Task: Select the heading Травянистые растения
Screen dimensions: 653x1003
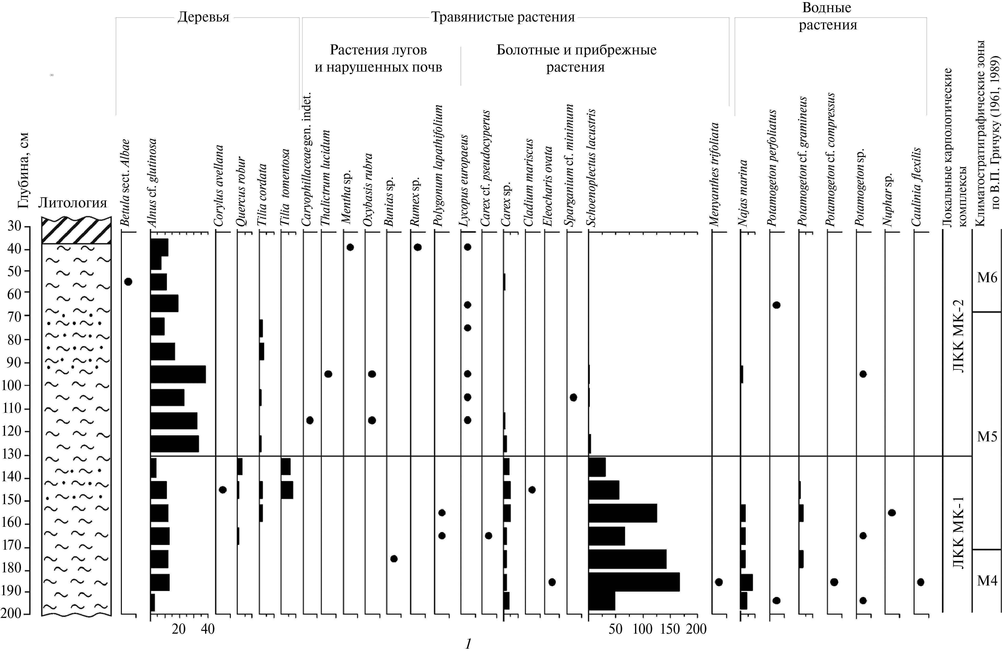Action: pyautogui.click(x=503, y=17)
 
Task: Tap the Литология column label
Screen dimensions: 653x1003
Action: pyautogui.click(x=72, y=203)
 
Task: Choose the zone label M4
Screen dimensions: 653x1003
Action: pyautogui.click(x=987, y=581)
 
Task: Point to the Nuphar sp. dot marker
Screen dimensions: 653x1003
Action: pyautogui.click(x=892, y=513)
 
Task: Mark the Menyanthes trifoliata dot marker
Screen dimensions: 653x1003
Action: pyautogui.click(x=719, y=582)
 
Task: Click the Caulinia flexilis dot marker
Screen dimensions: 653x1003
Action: pyautogui.click(x=921, y=582)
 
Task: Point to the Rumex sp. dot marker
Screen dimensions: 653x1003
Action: pyautogui.click(x=418, y=247)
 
